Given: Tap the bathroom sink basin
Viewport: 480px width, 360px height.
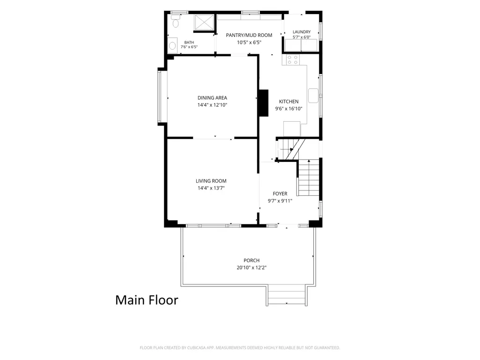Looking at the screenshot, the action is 172,46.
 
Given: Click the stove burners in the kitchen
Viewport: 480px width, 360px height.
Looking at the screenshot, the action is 293,60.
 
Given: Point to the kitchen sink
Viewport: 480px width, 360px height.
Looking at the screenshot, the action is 313,96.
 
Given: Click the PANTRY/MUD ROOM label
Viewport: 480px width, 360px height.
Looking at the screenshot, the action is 249,35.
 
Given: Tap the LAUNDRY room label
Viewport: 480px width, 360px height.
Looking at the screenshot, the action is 302,32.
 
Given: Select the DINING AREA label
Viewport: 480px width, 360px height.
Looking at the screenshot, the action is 212,98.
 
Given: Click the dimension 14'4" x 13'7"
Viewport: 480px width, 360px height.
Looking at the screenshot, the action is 211,188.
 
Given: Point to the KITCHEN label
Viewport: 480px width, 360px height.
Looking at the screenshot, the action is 288,102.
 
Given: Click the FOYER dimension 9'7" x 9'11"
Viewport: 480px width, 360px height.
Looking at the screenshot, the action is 280,201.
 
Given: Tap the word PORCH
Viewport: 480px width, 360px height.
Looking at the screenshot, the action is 251,260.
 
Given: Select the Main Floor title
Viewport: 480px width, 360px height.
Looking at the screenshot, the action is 147,300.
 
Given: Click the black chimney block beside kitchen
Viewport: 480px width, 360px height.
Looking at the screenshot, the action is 264,103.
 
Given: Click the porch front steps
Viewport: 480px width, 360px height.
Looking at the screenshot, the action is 287,295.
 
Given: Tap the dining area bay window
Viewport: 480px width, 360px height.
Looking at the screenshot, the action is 160,96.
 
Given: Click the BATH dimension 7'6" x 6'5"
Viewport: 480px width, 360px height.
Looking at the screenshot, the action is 189,47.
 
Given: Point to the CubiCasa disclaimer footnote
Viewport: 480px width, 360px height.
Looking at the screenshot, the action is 240,348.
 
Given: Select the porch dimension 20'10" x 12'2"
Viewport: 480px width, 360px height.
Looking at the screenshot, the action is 251,268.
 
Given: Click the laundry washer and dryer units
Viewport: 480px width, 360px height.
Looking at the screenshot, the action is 301,45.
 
